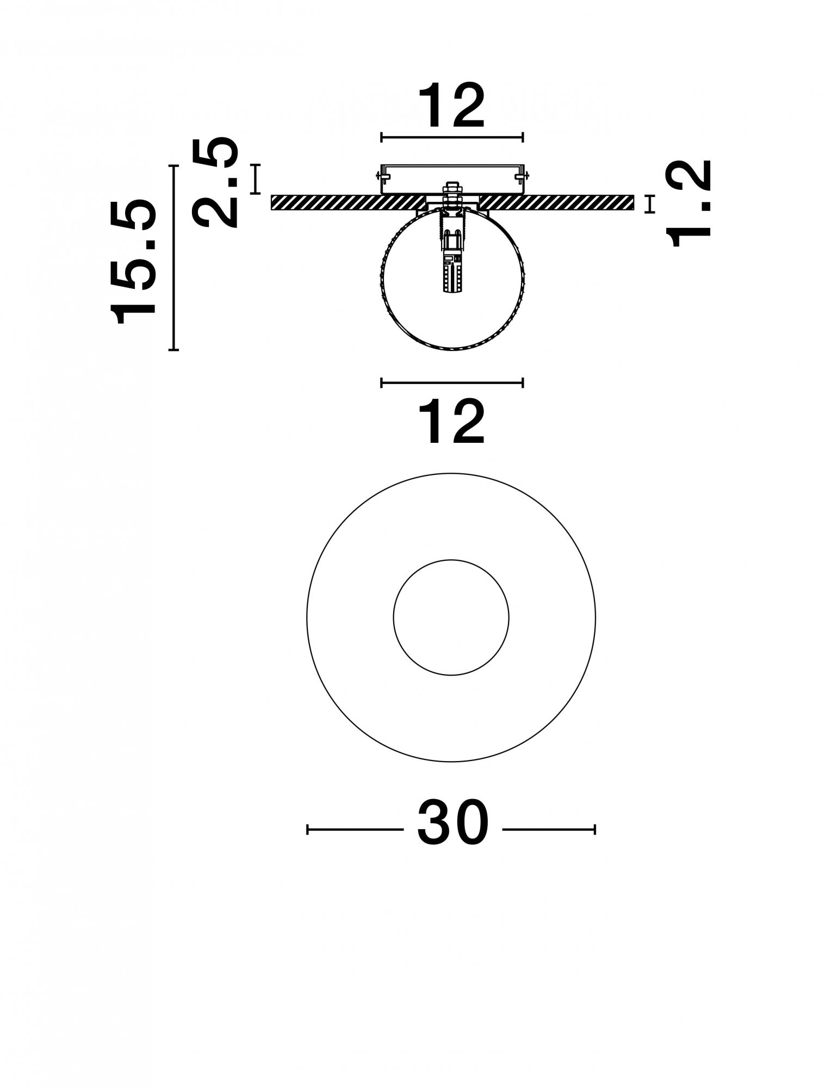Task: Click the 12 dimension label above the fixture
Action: [x=452, y=106]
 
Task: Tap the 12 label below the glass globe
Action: [x=452, y=422]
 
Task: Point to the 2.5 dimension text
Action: [x=216, y=183]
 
